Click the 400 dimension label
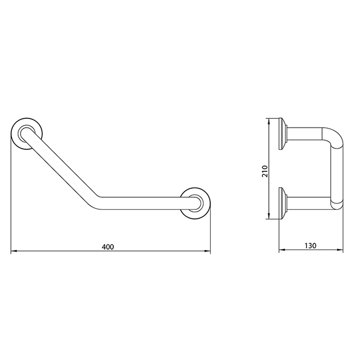(107, 247)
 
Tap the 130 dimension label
(311, 246)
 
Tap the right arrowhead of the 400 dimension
(208, 251)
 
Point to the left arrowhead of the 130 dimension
(281, 251)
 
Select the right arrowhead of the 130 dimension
(341, 251)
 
